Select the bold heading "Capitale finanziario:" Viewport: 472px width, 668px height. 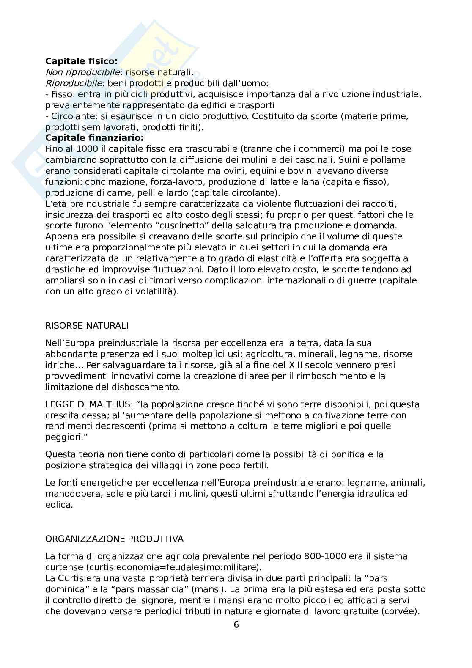pyautogui.click(x=94, y=138)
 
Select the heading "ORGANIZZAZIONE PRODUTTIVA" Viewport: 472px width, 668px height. pyautogui.click(x=114, y=539)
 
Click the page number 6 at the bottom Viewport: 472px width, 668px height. pyautogui.click(x=236, y=625)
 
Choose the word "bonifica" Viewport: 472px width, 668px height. pyautogui.click(x=348, y=454)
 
